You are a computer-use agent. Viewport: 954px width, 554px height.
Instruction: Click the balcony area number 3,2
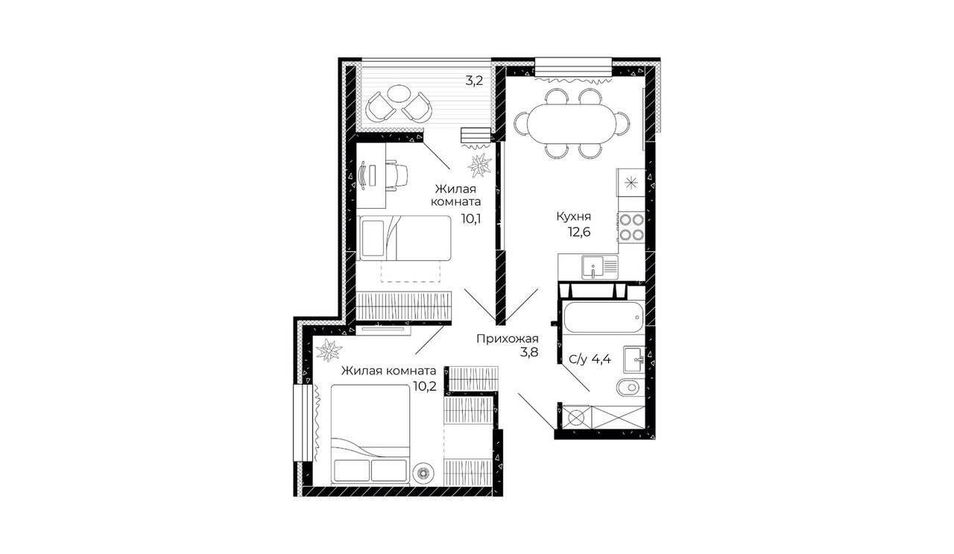[474, 81]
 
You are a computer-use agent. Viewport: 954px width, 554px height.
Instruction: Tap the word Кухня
[574, 216]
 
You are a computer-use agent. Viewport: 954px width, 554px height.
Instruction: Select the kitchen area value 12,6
[579, 232]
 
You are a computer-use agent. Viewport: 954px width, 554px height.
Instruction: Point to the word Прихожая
[508, 339]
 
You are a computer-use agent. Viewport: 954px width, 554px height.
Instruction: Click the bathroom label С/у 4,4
[590, 359]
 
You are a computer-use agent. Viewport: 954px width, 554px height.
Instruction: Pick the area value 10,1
[471, 218]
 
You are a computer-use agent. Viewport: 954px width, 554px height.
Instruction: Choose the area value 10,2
[425, 386]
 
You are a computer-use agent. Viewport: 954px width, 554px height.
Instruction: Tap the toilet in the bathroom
[631, 388]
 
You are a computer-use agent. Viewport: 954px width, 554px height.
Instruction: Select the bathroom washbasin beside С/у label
[634, 359]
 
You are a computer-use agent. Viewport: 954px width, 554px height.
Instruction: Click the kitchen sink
[600, 267]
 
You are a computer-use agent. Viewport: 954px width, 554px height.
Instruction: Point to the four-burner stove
[631, 227]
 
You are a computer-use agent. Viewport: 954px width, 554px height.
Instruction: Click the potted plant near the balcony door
[480, 165]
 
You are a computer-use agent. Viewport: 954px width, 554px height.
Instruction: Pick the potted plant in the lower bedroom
[329, 350]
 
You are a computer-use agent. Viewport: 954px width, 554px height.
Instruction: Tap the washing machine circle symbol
[576, 418]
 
